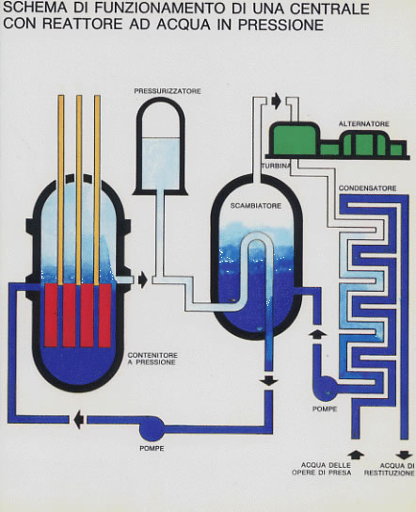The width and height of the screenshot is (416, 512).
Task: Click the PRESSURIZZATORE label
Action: (168, 91)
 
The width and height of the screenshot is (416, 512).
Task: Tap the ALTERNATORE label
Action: (363, 124)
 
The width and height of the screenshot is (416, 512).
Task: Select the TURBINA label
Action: (277, 166)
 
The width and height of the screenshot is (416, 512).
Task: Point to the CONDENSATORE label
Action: (367, 188)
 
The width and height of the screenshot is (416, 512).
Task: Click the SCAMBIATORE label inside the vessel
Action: (256, 206)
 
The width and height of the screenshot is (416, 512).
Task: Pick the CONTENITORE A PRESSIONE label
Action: (152, 359)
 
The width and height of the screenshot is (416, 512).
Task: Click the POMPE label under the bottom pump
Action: (152, 449)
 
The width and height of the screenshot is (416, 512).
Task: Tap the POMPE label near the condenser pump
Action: (325, 409)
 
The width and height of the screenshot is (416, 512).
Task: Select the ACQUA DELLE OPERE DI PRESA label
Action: (321, 469)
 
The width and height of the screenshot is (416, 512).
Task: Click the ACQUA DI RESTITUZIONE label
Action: (390, 469)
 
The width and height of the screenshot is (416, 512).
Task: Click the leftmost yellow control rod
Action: (61, 189)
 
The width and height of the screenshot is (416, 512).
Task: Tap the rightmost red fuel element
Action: (104, 315)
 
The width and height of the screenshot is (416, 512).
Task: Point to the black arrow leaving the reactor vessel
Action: (143, 280)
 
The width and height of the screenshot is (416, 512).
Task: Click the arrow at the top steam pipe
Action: (277, 101)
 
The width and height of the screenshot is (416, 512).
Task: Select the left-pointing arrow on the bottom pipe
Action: (79, 419)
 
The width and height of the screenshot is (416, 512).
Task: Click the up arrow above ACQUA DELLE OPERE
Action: (356, 455)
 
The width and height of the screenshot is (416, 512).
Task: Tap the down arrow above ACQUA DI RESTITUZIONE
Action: (405, 455)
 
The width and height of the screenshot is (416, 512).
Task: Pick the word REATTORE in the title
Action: (82, 24)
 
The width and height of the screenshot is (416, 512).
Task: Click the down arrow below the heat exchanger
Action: (269, 380)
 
